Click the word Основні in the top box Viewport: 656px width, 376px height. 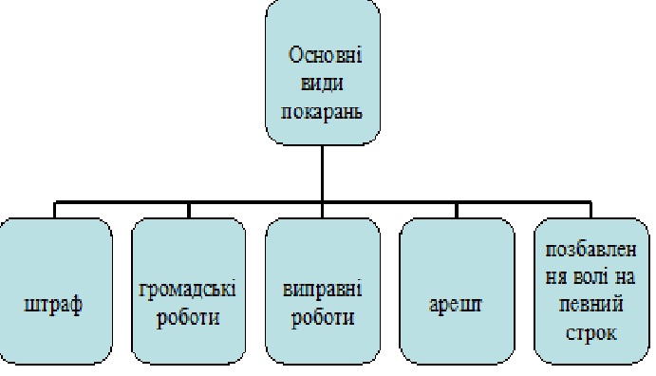click(325, 55)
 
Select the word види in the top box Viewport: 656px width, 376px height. click(323, 83)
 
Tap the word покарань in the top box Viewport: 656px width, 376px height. click(322, 112)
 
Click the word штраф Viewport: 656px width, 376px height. click(53, 305)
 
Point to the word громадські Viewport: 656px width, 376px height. click(187, 290)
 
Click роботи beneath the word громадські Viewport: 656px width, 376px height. click(188, 318)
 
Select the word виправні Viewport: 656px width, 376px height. click(323, 290)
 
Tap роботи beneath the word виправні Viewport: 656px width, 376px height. click(323, 318)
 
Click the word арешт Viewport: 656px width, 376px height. click(456, 305)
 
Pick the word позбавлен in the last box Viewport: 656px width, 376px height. click(591, 250)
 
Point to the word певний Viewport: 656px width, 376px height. click(591, 305)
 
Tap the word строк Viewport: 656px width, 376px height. click(591, 333)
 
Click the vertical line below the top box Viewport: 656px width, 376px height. click(322, 174)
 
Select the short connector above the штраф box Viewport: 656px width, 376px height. click(55, 210)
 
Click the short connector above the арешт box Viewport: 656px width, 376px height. click(457, 211)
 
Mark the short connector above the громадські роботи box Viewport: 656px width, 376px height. click(189, 211)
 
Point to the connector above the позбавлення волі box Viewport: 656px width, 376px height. click(591, 210)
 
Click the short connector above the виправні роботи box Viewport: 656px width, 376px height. click(322, 211)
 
